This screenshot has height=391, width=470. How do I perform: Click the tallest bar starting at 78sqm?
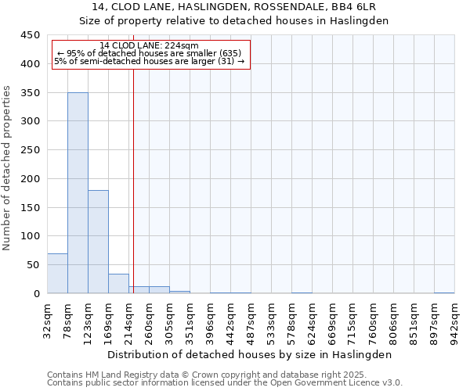pos(78,193)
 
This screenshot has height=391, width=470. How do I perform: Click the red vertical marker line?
pos(133,180)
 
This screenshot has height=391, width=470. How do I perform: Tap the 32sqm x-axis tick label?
pos(47,319)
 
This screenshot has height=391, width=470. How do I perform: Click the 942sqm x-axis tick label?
pos(454,319)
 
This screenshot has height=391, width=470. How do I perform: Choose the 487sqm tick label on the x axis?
pos(251,319)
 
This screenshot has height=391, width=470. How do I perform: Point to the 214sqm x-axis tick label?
pos(128,319)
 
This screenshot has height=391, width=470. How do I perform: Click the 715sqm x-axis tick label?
pos(352,319)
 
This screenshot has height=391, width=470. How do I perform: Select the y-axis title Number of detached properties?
pos(8,168)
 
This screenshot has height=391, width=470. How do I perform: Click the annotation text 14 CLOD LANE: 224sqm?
pos(150,45)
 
